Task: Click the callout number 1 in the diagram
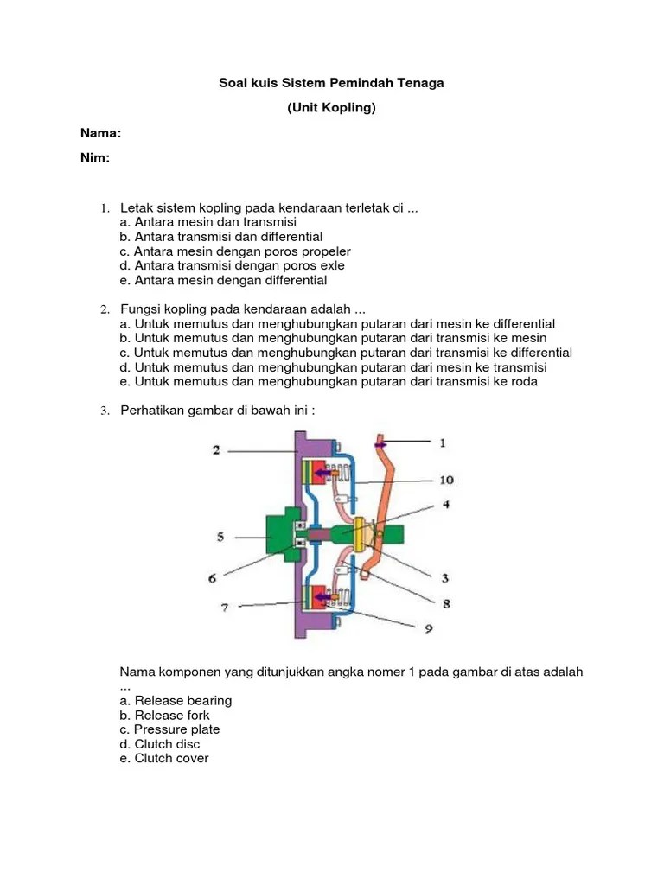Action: coord(443,443)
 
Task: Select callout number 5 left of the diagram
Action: coord(220,537)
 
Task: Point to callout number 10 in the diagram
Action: coord(446,480)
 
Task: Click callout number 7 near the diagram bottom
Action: coord(224,608)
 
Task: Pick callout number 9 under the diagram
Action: coord(427,629)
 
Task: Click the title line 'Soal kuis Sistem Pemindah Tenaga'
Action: coord(331,83)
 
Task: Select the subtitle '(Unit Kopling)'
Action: coord(331,108)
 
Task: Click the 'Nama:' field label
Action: coord(100,133)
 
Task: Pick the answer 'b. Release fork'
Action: coord(165,715)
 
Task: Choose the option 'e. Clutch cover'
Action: coord(164,758)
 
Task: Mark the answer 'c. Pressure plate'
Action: coord(170,729)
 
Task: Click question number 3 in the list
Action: coord(104,411)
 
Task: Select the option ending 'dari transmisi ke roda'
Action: coord(329,382)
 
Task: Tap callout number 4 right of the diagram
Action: coord(446,504)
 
